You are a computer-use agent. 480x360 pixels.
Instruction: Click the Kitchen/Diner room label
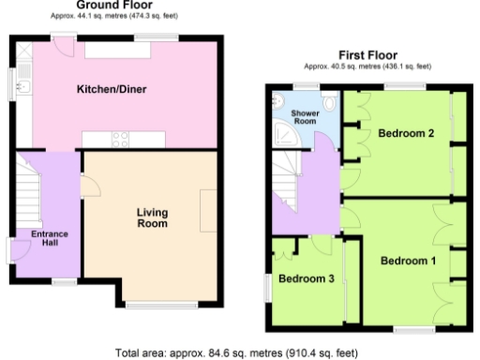(x=112, y=89)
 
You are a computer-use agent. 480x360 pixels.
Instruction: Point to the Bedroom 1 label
(x=408, y=261)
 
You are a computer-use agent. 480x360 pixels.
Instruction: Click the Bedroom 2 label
(x=405, y=133)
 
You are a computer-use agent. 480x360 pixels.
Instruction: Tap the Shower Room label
(x=305, y=117)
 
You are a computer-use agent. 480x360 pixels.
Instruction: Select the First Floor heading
(x=367, y=56)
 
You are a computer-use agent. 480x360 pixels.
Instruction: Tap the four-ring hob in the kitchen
(x=121, y=141)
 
